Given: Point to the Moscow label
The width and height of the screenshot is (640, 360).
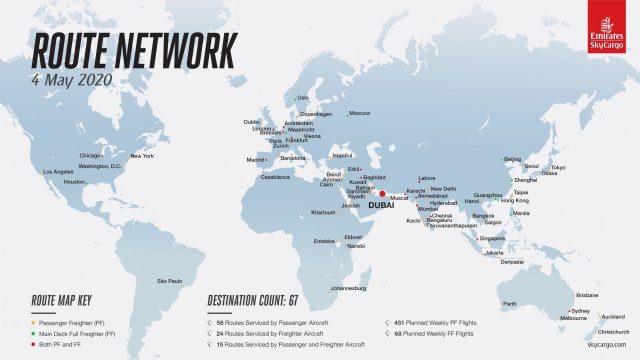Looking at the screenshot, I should point(359,113).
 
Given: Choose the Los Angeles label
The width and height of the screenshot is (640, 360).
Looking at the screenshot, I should point(57,172).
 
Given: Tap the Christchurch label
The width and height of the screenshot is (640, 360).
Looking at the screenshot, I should point(613,331).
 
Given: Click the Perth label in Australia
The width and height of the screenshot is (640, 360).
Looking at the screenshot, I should point(509,303).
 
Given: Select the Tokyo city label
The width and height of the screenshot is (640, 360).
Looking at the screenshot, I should point(558,167).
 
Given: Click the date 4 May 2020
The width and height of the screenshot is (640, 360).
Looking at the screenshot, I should point(72,77).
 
